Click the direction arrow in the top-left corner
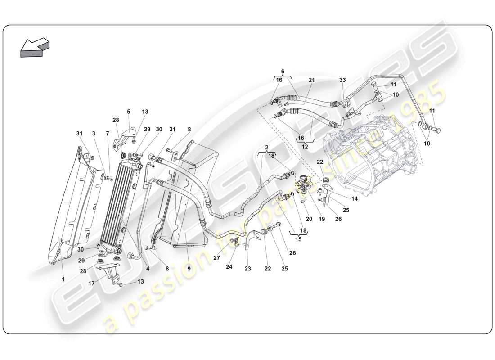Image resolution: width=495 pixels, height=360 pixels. pos(35,47)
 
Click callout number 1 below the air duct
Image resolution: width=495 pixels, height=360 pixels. pos(63,279)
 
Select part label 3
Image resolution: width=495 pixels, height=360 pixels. pos(94,133)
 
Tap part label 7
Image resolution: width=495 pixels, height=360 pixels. pos(108,133)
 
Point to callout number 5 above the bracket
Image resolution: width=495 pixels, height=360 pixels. pos(128,112)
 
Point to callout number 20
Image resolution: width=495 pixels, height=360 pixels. pos(310,219)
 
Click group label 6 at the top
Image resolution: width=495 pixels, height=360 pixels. pos(283,71)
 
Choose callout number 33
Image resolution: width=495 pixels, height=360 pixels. pos(342,80)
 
